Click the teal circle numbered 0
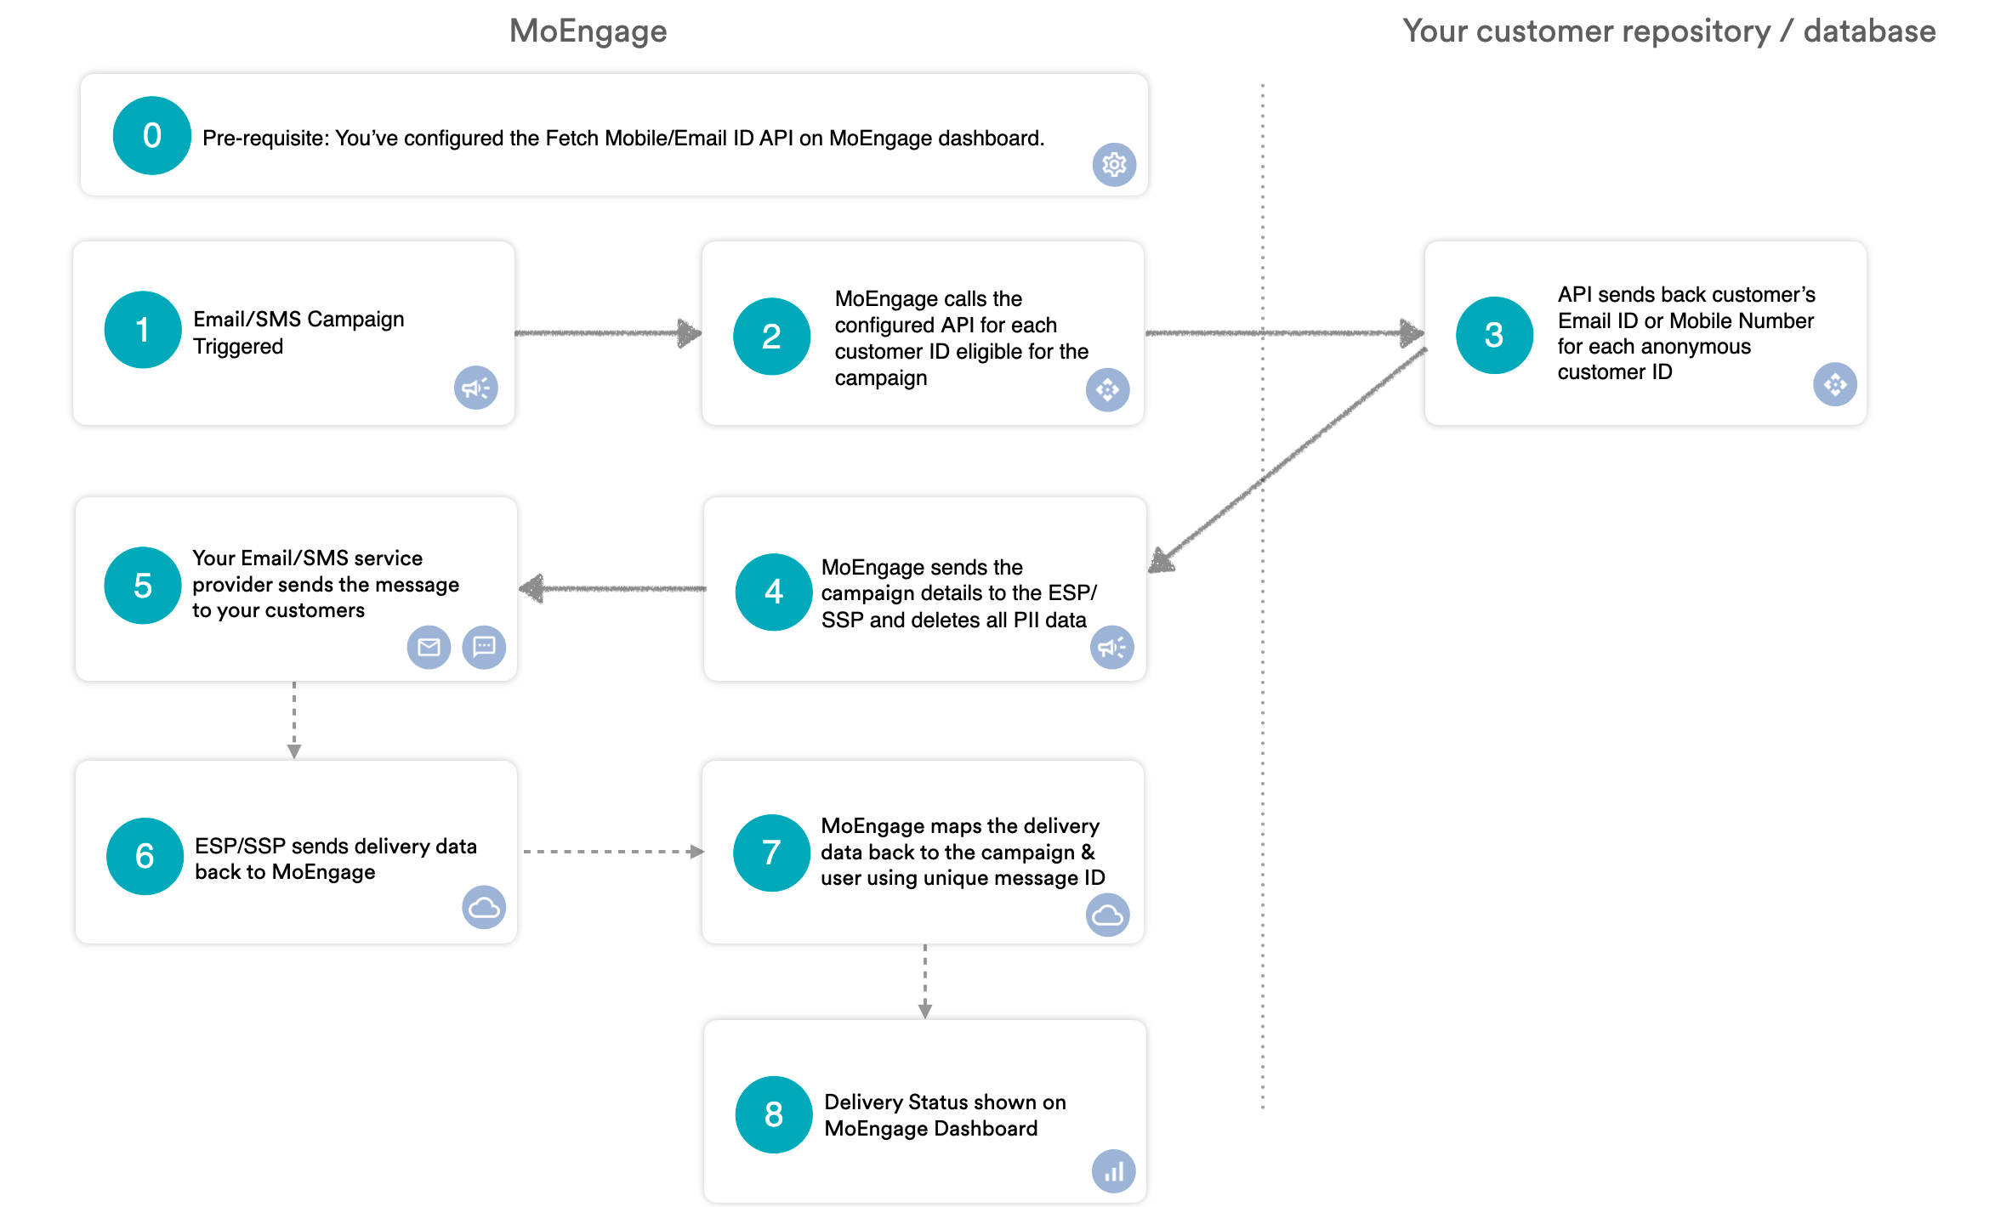(x=151, y=136)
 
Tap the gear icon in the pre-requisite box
(x=1113, y=164)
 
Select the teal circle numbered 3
(x=1493, y=335)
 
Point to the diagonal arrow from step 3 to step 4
(x=1288, y=459)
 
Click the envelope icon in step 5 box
(x=429, y=648)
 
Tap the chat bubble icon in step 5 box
(x=484, y=648)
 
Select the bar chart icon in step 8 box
(x=1113, y=1172)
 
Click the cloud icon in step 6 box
(x=484, y=908)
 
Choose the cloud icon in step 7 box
(x=1107, y=915)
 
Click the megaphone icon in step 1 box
(x=475, y=388)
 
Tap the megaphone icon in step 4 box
(x=1111, y=648)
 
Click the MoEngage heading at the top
(x=588, y=31)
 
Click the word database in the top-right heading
(x=1869, y=31)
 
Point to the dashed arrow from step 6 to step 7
(x=612, y=851)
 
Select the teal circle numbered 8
(x=773, y=1114)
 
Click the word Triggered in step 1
(x=238, y=347)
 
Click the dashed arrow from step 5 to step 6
(x=294, y=719)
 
